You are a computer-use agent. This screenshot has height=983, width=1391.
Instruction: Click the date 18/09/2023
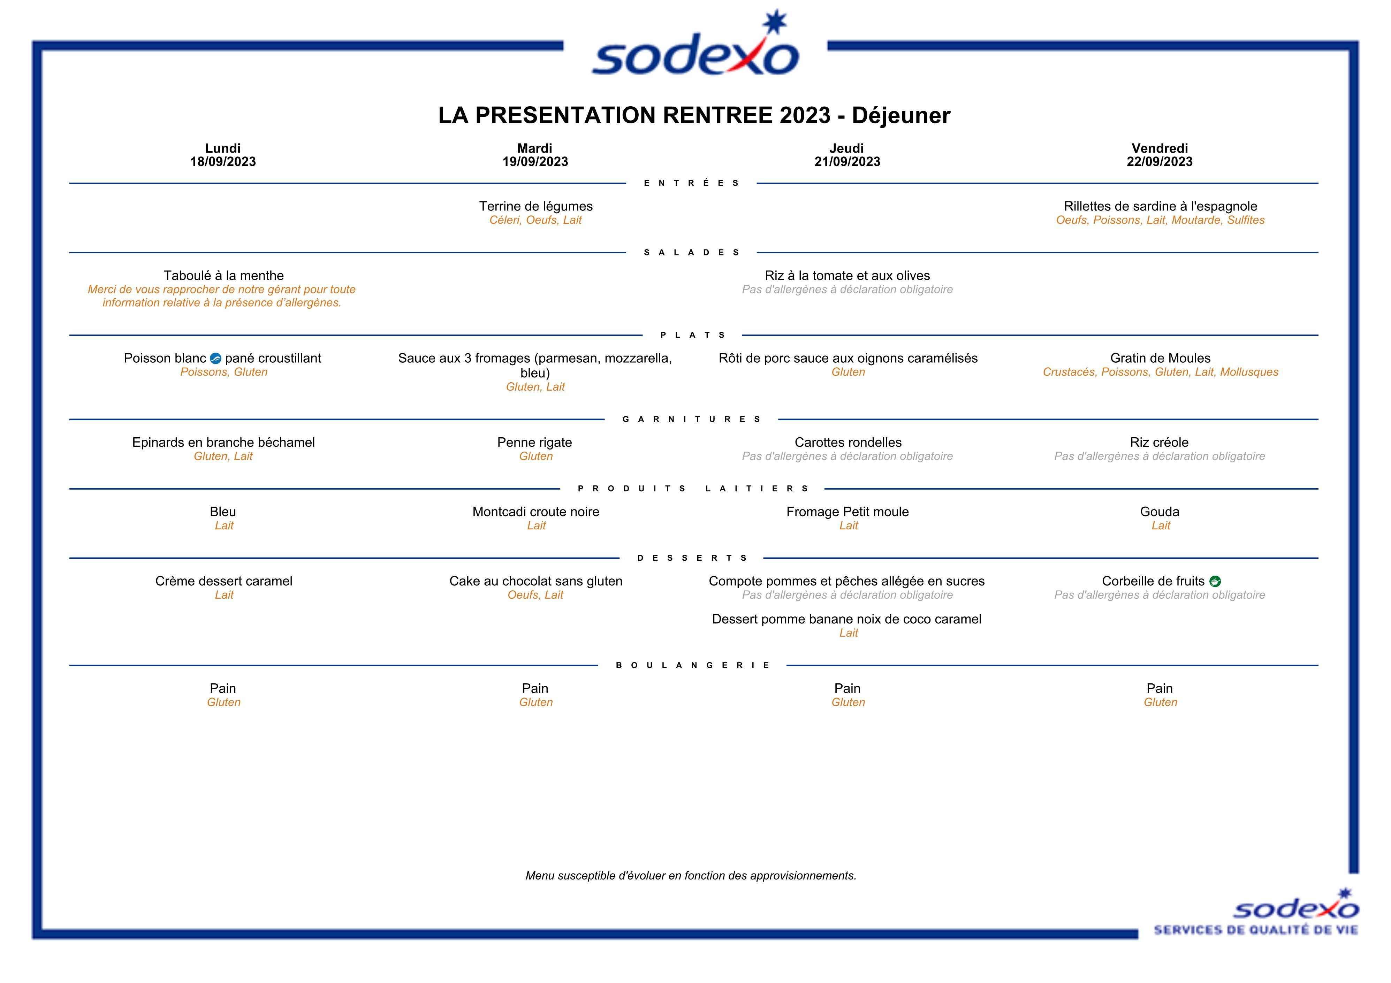click(x=223, y=162)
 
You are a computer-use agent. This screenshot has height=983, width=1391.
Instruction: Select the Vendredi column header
click(x=1159, y=148)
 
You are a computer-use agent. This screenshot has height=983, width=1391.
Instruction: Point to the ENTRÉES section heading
click(x=691, y=183)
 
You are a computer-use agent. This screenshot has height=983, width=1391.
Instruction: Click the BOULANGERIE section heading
click(x=692, y=665)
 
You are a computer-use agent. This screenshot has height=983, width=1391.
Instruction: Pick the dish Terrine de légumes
click(x=535, y=207)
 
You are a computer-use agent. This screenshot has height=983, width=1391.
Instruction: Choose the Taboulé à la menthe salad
click(x=223, y=276)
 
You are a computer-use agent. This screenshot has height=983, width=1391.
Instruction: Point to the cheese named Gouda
click(x=1159, y=512)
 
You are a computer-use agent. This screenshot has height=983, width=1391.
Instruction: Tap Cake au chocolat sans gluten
click(x=535, y=582)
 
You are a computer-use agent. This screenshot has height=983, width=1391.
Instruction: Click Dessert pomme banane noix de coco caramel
click(x=846, y=619)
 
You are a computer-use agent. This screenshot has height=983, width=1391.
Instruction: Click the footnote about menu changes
click(x=691, y=876)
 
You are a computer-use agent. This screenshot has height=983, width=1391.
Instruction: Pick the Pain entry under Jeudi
click(x=847, y=688)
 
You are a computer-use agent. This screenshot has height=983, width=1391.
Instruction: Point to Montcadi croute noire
click(x=535, y=512)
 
